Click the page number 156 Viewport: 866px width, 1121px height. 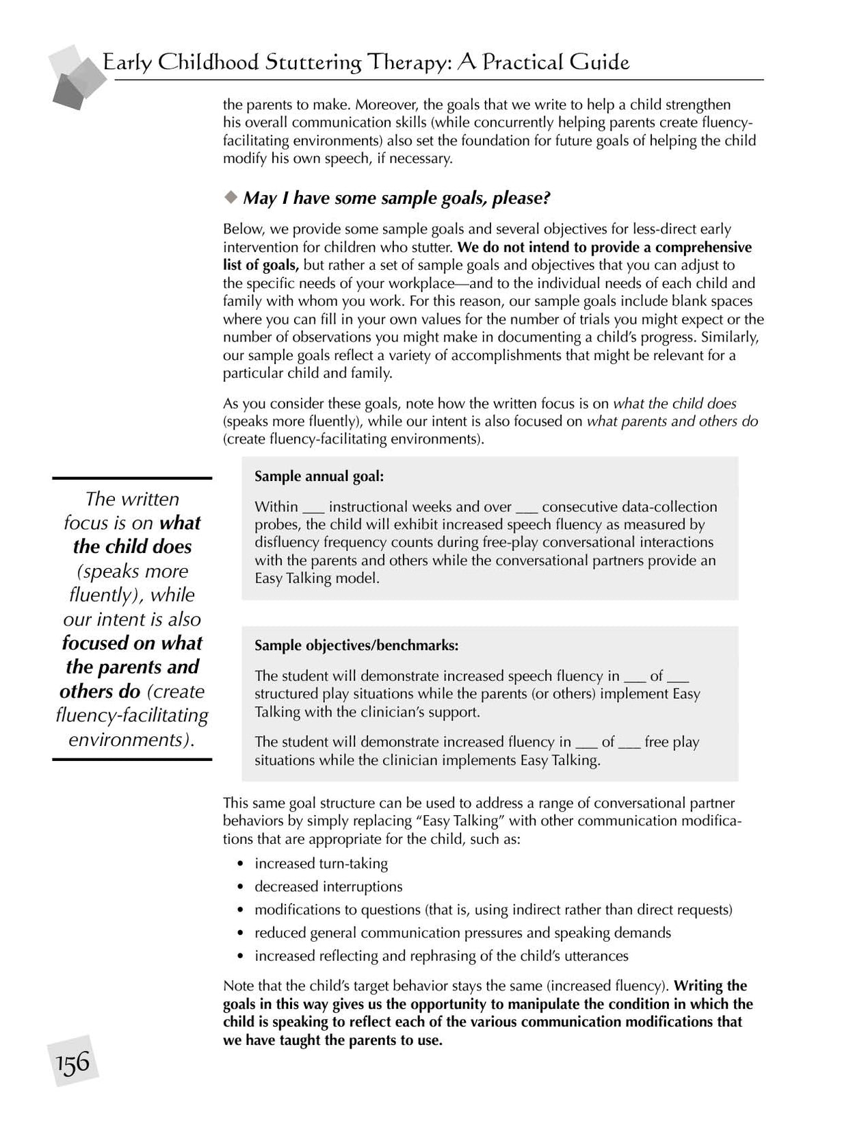[x=73, y=1061]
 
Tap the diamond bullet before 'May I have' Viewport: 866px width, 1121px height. [x=230, y=197]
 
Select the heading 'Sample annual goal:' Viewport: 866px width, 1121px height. [x=319, y=476]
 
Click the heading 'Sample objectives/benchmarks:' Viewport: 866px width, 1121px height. [x=356, y=645]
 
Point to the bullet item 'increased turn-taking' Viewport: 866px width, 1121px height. [x=321, y=864]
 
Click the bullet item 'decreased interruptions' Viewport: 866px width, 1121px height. [x=328, y=887]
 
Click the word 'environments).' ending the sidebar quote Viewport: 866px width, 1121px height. [x=132, y=739]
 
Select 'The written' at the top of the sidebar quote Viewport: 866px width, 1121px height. [x=132, y=499]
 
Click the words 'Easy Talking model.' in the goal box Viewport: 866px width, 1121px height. [x=317, y=578]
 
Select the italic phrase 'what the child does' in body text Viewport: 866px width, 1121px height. [x=674, y=404]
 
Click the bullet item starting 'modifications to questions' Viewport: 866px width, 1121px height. [x=493, y=910]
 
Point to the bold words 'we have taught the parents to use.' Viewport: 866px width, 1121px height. [x=332, y=1041]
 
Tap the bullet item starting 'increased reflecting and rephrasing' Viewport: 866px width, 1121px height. [x=441, y=956]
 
